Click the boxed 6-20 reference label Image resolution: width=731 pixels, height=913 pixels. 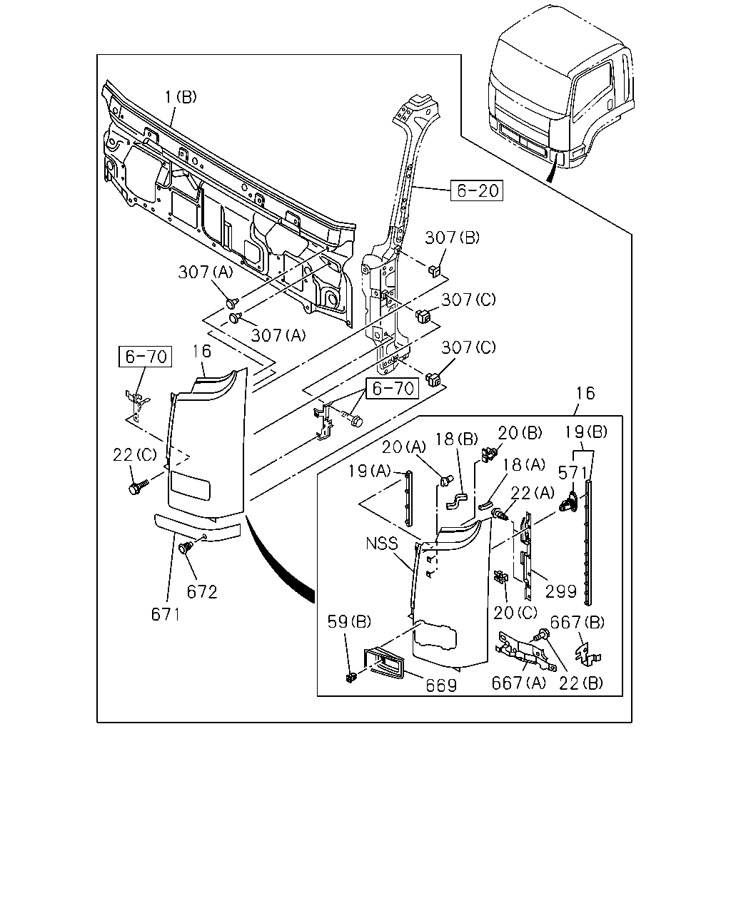tap(477, 190)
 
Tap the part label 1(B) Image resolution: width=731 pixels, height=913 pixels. tap(181, 97)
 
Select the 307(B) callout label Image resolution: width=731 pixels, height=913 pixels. tap(452, 238)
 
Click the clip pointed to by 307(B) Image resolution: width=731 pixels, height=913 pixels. tap(433, 270)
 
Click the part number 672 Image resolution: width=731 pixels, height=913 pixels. tap(202, 592)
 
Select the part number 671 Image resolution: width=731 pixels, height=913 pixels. tap(166, 614)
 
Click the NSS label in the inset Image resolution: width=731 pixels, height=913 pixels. tap(382, 544)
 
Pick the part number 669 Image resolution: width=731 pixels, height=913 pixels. tap(441, 685)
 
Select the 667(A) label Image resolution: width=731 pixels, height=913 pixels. tap(518, 683)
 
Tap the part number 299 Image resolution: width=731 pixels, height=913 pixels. tap(560, 591)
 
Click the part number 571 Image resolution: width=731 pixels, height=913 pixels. tap(572, 473)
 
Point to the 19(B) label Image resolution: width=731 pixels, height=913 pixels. tap(586, 432)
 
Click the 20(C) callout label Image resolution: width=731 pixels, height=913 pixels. tap(515, 612)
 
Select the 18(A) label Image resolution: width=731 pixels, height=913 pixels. tap(524, 464)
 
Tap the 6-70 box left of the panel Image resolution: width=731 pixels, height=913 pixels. tap(145, 357)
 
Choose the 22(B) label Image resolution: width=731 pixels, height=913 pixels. tap(580, 683)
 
